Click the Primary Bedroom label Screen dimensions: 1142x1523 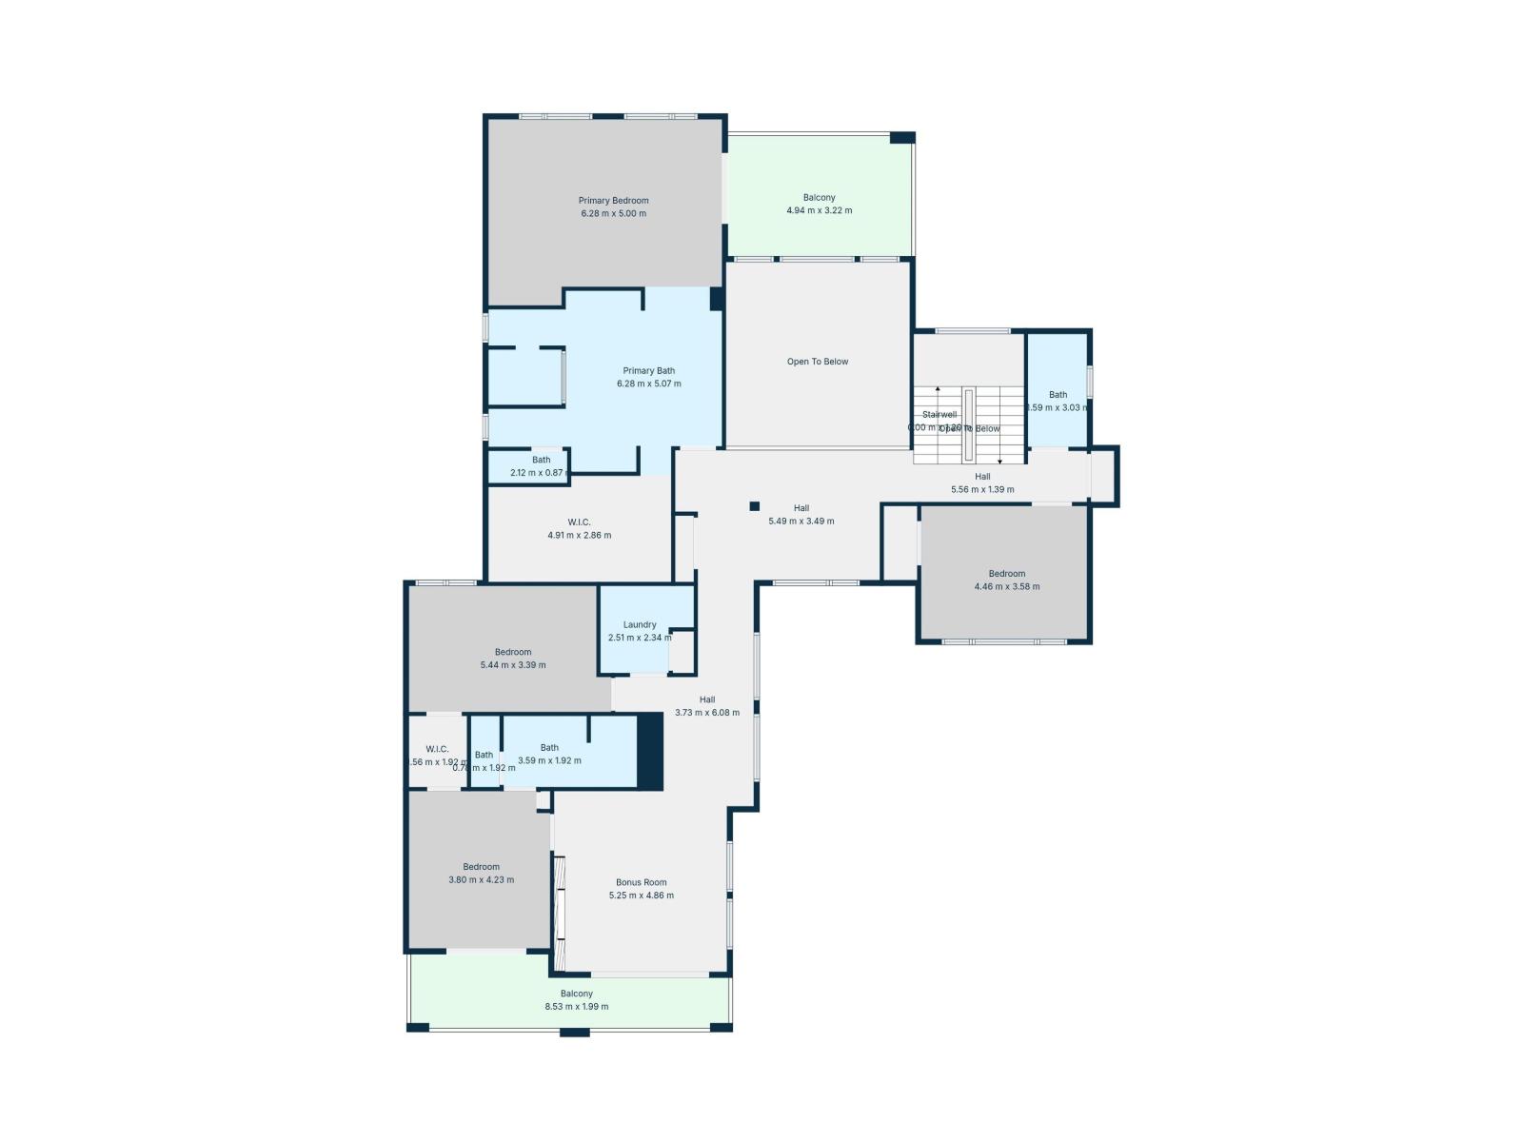[x=613, y=201]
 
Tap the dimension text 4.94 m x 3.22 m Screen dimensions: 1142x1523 [x=819, y=210]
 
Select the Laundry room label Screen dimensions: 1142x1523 [x=640, y=625]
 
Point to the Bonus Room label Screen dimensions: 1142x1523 [x=641, y=882]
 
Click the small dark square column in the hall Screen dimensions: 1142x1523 [x=754, y=506]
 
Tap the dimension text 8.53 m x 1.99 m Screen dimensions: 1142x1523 [x=576, y=1007]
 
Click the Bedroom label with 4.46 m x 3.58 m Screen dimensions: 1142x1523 [x=1006, y=574]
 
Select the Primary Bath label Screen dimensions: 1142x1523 [x=648, y=371]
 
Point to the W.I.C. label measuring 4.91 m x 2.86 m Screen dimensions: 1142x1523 [x=579, y=522]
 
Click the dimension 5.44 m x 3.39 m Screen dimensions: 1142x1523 [x=513, y=665]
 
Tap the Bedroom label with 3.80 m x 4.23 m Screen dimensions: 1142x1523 [x=481, y=867]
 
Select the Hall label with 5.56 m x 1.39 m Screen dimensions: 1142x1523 [x=982, y=477]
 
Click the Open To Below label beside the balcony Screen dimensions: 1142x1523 [x=817, y=362]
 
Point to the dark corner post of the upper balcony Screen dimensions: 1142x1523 [x=901, y=138]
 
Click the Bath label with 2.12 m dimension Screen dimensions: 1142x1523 [x=541, y=461]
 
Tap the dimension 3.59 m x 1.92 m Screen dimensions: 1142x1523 [x=549, y=760]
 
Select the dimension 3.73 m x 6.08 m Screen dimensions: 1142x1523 [x=706, y=712]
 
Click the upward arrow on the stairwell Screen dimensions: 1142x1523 [x=938, y=391]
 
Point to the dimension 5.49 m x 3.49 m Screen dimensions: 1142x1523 [x=801, y=522]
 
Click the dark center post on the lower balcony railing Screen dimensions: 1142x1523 [x=574, y=1032]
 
